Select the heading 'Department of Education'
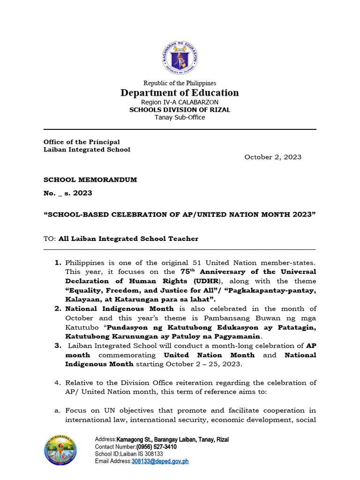[180, 92]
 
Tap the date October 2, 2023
[273, 157]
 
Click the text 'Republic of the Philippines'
[180, 83]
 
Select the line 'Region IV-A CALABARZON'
[180, 102]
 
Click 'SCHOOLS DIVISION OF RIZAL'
[180, 110]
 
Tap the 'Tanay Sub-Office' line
[180, 117]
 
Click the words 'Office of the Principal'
[82, 142]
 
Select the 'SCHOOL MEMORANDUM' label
[90, 180]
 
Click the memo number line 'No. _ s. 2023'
[68, 193]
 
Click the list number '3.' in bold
[58, 345]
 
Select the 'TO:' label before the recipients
[50, 239]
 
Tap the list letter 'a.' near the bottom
[58, 410]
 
